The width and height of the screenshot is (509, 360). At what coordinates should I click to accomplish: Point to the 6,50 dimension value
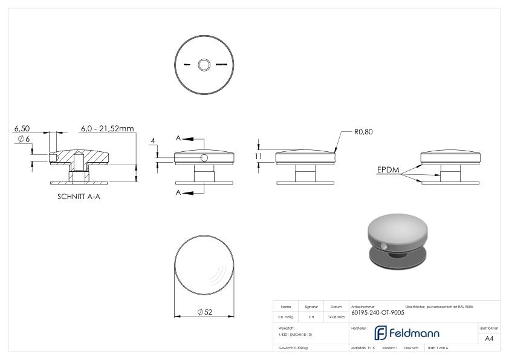pyautogui.click(x=22, y=129)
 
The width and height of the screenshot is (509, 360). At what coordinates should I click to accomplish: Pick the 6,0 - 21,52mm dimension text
pyautogui.click(x=107, y=129)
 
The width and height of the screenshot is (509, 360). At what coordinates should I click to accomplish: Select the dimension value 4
pyautogui.click(x=153, y=140)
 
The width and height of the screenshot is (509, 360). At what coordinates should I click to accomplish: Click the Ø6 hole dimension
pyautogui.click(x=24, y=140)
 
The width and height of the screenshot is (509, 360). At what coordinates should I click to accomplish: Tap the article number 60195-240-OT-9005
pyautogui.click(x=377, y=313)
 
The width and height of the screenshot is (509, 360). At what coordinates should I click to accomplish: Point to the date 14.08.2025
pyautogui.click(x=336, y=316)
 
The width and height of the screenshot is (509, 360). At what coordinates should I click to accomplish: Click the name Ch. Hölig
pyautogui.click(x=286, y=316)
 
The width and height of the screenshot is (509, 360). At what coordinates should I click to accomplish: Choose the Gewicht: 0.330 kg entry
pyautogui.click(x=293, y=348)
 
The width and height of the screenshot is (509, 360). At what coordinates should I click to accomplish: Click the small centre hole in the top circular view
pyautogui.click(x=204, y=64)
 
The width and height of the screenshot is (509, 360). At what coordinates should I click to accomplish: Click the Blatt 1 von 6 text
pyautogui.click(x=438, y=348)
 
